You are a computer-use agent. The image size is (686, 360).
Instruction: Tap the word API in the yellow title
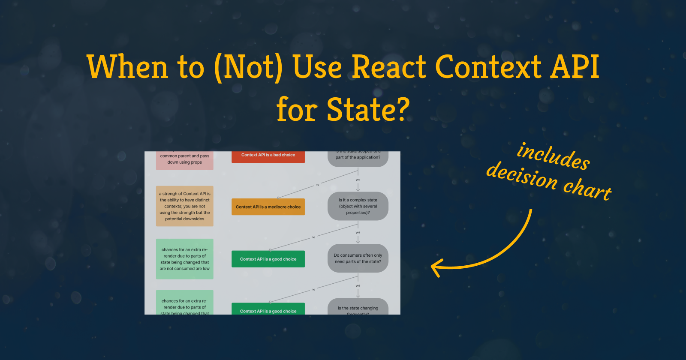[x=575, y=67]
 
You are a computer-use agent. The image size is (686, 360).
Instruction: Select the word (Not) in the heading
[x=248, y=67]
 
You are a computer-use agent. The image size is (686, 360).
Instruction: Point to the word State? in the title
[x=368, y=110]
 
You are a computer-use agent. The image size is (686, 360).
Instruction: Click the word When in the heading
[x=127, y=67]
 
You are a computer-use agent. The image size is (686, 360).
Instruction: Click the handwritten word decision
[x=522, y=176]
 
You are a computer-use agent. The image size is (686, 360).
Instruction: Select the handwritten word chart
[x=587, y=189]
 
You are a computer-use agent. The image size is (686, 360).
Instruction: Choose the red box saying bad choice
[x=268, y=156]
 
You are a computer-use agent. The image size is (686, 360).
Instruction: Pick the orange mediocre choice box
[x=268, y=207]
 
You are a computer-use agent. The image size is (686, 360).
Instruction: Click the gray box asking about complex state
[x=358, y=206]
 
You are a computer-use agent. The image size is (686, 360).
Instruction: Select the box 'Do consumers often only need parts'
[x=358, y=258]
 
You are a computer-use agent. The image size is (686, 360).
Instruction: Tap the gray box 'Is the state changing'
[x=358, y=308]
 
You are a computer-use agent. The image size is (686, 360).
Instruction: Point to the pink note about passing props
[x=184, y=160]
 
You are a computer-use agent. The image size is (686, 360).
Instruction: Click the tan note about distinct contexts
[x=184, y=206]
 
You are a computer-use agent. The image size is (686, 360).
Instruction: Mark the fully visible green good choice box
[x=268, y=259]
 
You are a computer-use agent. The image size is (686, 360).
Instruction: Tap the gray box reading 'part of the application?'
[x=358, y=158]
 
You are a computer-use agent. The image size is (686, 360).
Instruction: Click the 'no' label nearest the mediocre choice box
[x=317, y=185]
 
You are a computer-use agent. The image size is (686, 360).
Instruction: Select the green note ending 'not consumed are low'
[x=184, y=259]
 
